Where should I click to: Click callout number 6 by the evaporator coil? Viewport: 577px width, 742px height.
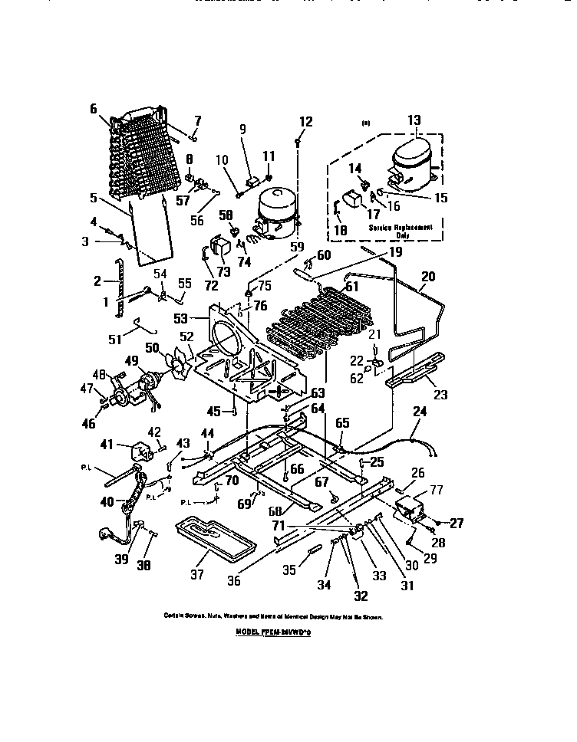coord(94,109)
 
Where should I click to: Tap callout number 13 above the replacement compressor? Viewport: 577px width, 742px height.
coord(414,120)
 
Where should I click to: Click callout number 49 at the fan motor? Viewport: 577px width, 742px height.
coord(131,361)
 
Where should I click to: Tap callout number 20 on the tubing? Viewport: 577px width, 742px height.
coord(428,277)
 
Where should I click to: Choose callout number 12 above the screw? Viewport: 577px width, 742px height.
coord(305,121)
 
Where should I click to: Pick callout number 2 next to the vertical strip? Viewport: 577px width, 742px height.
coord(97,280)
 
